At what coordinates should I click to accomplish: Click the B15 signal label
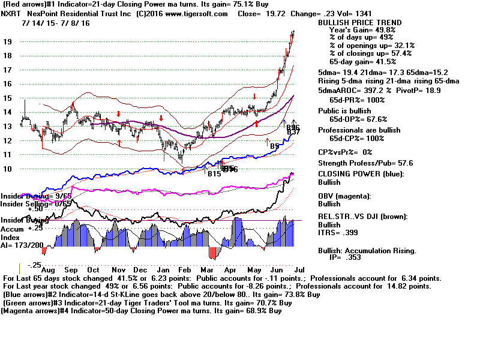click(214, 174)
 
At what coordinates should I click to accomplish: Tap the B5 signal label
click(275, 146)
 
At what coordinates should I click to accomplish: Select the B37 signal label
click(293, 132)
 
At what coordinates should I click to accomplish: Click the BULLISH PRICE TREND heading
click(359, 23)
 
